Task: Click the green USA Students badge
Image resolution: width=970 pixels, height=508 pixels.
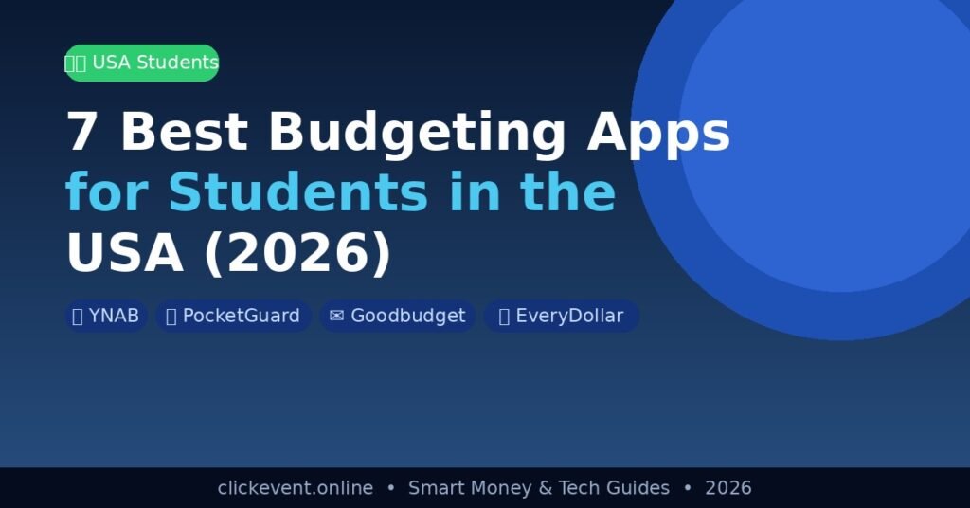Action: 142,63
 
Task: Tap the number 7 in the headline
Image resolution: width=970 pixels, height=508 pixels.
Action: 81,131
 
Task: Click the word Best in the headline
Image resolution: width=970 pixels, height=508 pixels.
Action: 184,131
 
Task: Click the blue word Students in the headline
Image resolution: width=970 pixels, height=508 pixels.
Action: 298,191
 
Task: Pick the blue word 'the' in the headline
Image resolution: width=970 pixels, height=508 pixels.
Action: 568,191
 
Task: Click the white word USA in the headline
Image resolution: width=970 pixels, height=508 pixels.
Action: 125,252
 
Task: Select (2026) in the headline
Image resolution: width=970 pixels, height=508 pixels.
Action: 297,253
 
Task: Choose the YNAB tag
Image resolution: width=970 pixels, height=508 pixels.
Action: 106,316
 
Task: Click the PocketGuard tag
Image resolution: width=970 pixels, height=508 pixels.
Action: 233,316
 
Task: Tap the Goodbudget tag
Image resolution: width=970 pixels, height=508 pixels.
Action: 397,316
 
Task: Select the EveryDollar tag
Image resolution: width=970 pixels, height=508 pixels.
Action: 561,316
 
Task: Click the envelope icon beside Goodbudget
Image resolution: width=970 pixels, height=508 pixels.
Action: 336,316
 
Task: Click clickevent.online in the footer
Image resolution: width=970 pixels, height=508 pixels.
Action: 296,488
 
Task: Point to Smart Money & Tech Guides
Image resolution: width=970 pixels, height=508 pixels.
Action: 539,488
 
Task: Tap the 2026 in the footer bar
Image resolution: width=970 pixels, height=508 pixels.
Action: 728,488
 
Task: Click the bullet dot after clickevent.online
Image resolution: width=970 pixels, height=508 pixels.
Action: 390,487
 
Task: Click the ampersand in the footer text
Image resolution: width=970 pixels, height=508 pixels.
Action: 545,488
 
